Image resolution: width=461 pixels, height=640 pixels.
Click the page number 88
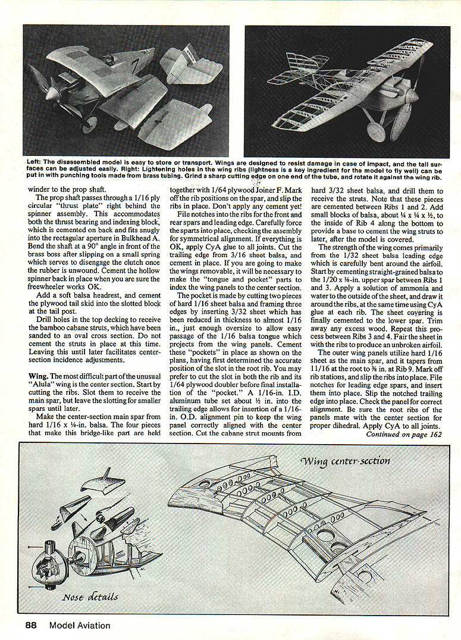32,625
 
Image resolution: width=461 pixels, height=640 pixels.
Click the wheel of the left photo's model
90,123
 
